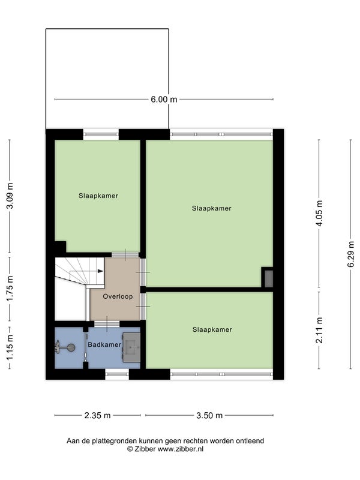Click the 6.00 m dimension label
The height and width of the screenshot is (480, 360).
click(x=164, y=99)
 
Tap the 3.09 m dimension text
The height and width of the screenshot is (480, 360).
click(x=10, y=196)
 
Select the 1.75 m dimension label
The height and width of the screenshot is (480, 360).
click(x=10, y=289)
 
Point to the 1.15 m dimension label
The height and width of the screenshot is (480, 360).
click(x=10, y=347)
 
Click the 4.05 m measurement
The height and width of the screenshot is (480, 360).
click(x=319, y=213)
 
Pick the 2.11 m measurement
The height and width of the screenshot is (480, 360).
click(x=319, y=330)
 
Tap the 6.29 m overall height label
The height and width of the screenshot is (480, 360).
click(x=351, y=254)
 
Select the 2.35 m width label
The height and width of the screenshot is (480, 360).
click(x=97, y=415)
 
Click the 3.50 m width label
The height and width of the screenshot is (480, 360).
click(x=209, y=415)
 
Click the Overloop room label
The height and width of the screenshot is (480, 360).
click(x=118, y=296)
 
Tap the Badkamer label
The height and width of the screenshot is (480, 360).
click(x=104, y=344)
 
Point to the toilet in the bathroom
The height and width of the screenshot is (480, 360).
click(x=65, y=347)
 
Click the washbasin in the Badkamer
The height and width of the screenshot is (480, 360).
click(x=131, y=347)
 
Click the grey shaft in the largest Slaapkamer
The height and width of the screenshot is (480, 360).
click(x=268, y=278)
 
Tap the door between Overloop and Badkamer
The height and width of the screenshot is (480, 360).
click(x=107, y=324)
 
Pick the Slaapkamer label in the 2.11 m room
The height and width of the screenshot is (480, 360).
click(x=212, y=329)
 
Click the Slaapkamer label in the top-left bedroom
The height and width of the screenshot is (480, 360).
click(x=98, y=196)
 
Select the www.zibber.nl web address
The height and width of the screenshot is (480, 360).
click(x=181, y=449)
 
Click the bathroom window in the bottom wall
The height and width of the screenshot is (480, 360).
click(x=117, y=374)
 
